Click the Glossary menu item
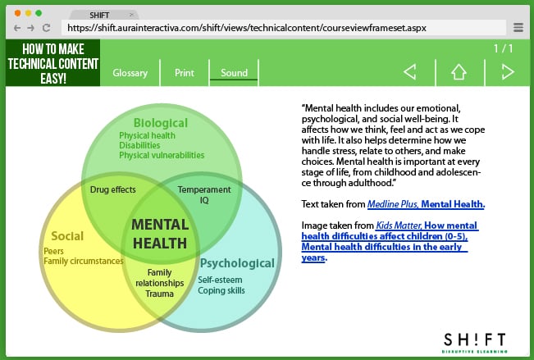pyautogui.click(x=130, y=73)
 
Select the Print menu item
pyautogui.click(x=185, y=73)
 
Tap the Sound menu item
pyautogui.click(x=234, y=73)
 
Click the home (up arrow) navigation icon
pyautogui.click(x=459, y=72)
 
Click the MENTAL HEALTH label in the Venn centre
pyautogui.click(x=160, y=234)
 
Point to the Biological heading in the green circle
pyautogui.click(x=161, y=123)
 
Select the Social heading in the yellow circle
pyautogui.click(x=67, y=236)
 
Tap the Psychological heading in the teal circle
pyautogui.click(x=237, y=263)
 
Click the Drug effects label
pyautogui.click(x=113, y=190)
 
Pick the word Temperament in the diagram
pyautogui.click(x=204, y=189)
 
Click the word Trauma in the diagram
pyautogui.click(x=159, y=294)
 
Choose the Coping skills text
pyautogui.click(x=221, y=290)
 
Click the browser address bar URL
pyautogui.click(x=247, y=28)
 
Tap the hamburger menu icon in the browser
pyautogui.click(x=518, y=28)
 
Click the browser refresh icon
pyautogui.click(x=49, y=28)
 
